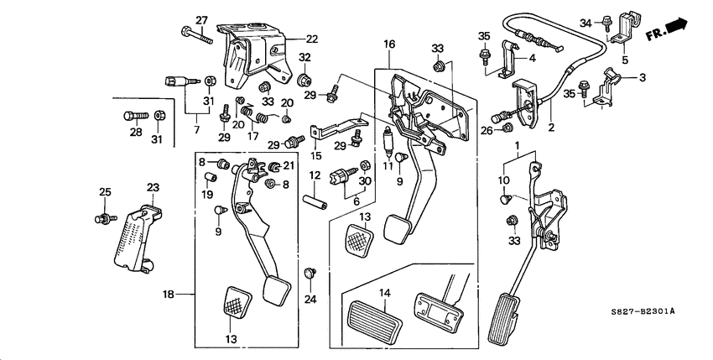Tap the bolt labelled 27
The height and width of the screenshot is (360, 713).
coord(193,34)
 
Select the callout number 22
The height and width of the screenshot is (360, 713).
coord(311,39)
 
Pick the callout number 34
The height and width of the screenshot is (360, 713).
coord(585,22)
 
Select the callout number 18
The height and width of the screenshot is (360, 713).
coord(168,295)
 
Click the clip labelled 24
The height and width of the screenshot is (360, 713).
coord(310,273)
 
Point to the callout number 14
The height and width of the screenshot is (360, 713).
coord(385,292)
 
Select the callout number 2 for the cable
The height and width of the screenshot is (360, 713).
coord(551,128)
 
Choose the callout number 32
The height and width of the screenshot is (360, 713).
coord(304,58)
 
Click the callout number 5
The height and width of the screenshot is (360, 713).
coord(625,60)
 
